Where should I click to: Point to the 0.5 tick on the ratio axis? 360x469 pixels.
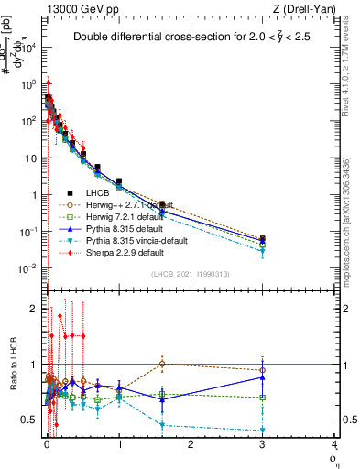(30, 420)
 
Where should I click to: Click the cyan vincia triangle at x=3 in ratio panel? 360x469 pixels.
(263, 430)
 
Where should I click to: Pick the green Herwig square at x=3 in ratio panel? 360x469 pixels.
(263, 398)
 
